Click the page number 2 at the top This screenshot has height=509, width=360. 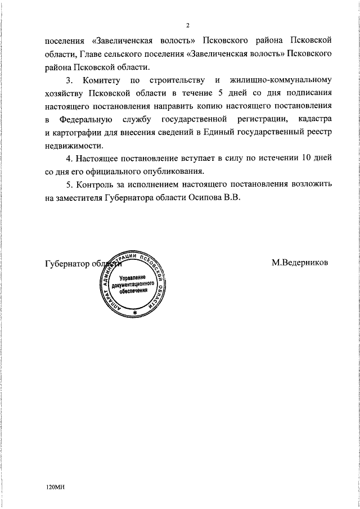pyautogui.click(x=188, y=25)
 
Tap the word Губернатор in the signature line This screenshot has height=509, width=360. pyautogui.click(x=66, y=263)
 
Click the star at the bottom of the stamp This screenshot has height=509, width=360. pyautogui.click(x=135, y=313)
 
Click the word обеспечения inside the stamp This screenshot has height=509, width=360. pyautogui.click(x=133, y=292)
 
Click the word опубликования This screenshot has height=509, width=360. pyautogui.click(x=172, y=171)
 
